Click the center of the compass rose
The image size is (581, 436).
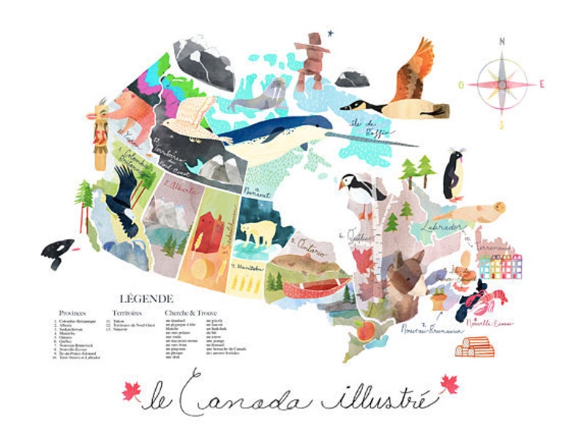[x=502, y=83]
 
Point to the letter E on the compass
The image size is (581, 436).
[x=541, y=83]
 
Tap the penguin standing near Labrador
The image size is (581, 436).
[x=455, y=176]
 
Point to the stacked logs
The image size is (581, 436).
[x=474, y=346]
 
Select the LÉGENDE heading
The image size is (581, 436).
[x=146, y=298]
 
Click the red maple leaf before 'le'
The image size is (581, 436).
[x=132, y=392]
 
